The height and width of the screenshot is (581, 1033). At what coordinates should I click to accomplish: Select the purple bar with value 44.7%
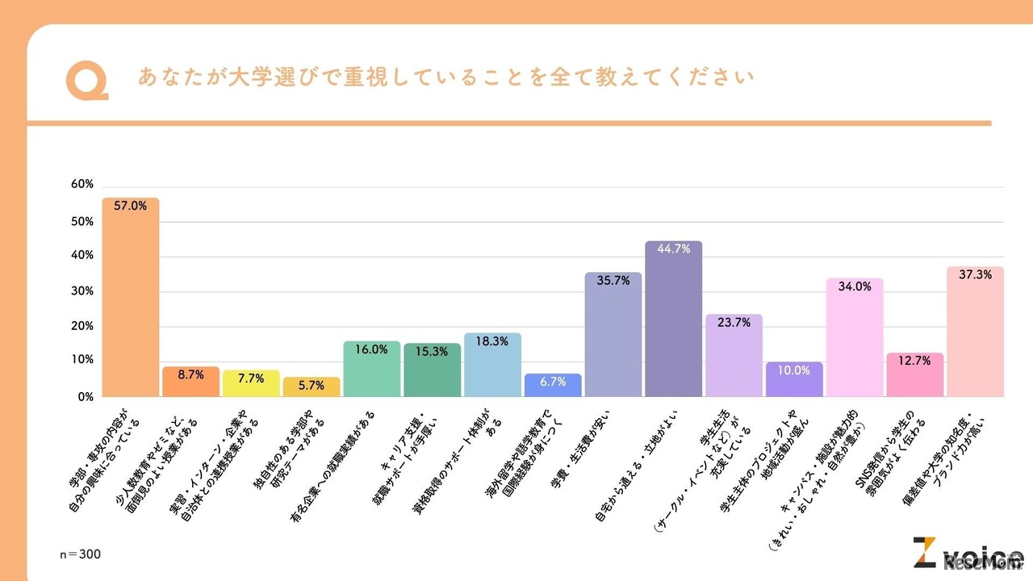point(673,319)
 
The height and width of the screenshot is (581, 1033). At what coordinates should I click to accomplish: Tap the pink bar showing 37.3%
point(975,332)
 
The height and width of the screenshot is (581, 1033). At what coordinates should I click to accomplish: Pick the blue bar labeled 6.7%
point(553,385)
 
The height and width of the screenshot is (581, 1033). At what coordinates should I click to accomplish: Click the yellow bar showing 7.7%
point(251,383)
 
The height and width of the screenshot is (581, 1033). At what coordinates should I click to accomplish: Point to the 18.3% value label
point(492,341)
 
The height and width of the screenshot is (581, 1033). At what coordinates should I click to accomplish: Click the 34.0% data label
point(855,286)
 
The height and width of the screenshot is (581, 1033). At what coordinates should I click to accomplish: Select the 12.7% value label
point(914,361)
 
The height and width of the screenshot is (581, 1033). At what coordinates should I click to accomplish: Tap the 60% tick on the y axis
point(82,184)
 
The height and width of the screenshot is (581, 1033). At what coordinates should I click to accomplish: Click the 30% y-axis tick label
point(82,290)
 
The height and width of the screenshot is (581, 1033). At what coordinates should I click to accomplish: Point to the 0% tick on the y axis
point(86,397)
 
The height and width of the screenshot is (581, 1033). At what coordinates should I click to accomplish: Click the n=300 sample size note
point(81,554)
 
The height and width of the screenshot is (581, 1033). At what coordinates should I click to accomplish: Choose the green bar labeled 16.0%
point(371,369)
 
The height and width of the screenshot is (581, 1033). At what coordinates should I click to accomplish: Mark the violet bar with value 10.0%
point(794,379)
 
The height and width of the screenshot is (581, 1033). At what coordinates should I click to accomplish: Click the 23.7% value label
point(734,322)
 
